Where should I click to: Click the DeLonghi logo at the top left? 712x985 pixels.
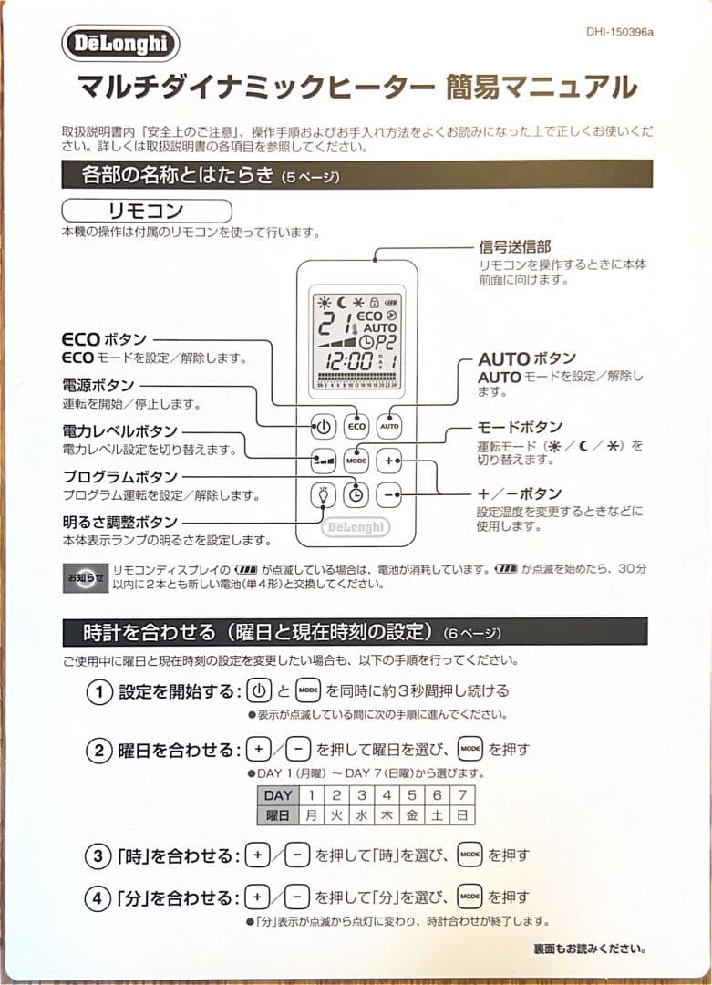click(120, 44)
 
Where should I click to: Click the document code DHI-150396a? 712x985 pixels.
click(620, 33)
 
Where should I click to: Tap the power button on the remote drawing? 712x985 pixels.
click(323, 426)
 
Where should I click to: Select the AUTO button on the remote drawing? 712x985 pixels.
click(389, 426)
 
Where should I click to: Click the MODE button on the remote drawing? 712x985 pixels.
click(356, 461)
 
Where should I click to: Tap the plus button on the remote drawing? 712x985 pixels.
click(389, 461)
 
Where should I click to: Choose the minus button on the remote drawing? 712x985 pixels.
click(389, 494)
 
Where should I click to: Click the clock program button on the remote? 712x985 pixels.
click(356, 494)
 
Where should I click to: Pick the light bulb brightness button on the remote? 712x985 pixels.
click(323, 494)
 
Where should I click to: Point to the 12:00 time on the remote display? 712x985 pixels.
click(347, 361)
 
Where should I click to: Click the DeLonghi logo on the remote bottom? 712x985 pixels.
click(356, 527)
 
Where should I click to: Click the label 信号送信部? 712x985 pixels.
click(514, 247)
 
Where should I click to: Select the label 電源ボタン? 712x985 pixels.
click(98, 385)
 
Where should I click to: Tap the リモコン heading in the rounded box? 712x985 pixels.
click(146, 212)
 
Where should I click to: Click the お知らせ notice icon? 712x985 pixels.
click(85, 577)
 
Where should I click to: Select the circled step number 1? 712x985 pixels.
click(98, 691)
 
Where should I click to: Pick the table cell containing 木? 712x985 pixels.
click(387, 814)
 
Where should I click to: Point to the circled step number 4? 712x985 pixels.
click(98, 899)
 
